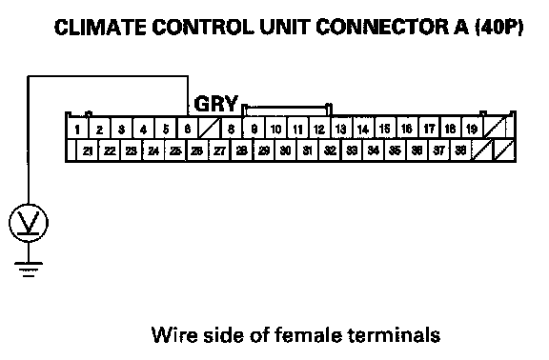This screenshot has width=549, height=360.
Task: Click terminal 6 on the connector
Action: pos(188,129)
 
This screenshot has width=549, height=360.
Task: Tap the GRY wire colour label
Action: pos(216,104)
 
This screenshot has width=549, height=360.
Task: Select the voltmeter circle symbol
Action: pos(29,223)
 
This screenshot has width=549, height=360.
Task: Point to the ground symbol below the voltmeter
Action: pos(29,270)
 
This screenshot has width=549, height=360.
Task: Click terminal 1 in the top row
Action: pos(77,129)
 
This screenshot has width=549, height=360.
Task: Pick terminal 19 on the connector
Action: pos(472,129)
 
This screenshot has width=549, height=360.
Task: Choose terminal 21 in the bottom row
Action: pos(88,150)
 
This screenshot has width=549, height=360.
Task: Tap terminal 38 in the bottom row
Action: pos(460,150)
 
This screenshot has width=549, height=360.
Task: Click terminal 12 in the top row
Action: pos(319,129)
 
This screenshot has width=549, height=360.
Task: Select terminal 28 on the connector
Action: pos(241,150)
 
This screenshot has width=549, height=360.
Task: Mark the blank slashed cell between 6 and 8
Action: pos(209,129)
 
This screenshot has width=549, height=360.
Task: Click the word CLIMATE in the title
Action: pos(100,27)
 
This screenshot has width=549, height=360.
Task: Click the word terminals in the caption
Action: pos(395,335)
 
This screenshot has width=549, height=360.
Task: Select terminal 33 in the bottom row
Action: pos(351,150)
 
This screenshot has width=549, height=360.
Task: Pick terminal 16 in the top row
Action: pos(406,129)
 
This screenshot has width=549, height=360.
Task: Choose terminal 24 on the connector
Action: pos(153,150)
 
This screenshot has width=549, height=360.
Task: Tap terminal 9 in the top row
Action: pos(254,129)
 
